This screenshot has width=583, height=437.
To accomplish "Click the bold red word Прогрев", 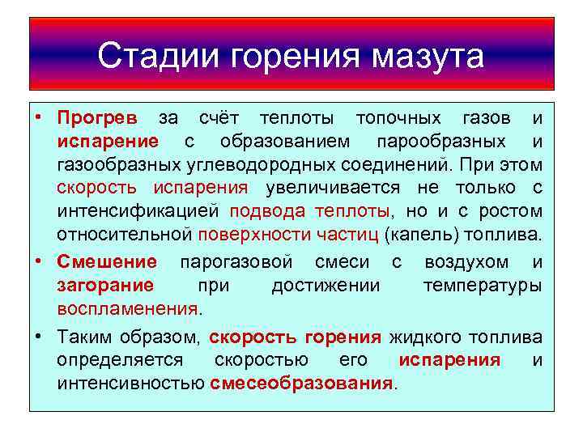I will coord(98,118).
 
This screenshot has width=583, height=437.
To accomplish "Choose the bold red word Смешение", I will coord(107,262).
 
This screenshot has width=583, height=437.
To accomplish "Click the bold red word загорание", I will coord(105,286).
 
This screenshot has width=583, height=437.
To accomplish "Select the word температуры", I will coord(483,286).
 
